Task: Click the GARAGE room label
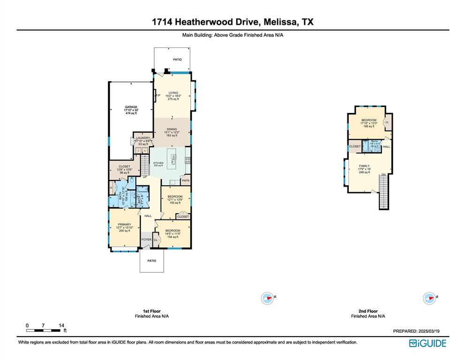pyautogui.click(x=131, y=107)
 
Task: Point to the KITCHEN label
pyautogui.click(x=158, y=163)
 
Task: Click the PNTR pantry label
pyautogui.click(x=185, y=180)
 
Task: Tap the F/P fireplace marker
pyautogui.click(x=158, y=96)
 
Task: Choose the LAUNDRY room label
pyautogui.click(x=143, y=138)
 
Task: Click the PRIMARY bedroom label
pyautogui.click(x=124, y=225)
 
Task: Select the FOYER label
pyautogui.click(x=147, y=240)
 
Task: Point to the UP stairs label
pyautogui.click(x=145, y=177)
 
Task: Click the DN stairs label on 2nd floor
pyautogui.click(x=383, y=175)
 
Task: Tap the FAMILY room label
pyautogui.click(x=364, y=166)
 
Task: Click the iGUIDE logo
pyautogui.click(x=428, y=343)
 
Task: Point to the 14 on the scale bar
pyautogui.click(x=61, y=325)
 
